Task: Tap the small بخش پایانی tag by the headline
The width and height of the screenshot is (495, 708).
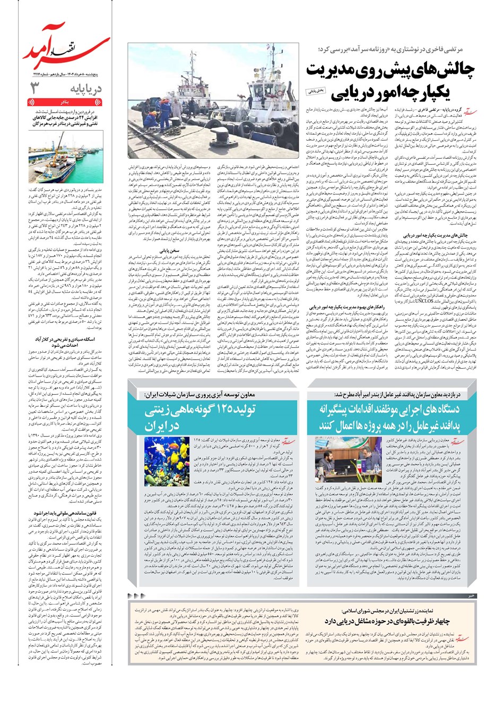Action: coord(317,92)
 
